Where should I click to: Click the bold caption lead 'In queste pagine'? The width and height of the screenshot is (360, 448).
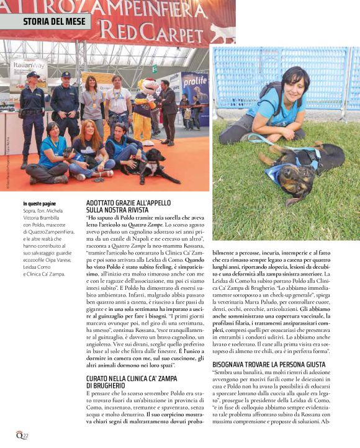click(39, 204)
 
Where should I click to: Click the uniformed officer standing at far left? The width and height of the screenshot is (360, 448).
click(32, 115)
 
